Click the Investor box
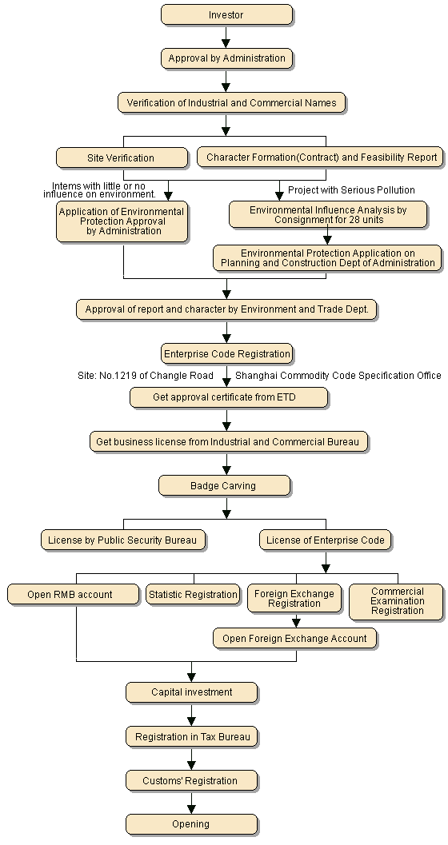pos(226,14)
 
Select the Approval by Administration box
pos(226,58)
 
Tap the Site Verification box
pos(122,158)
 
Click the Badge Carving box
pos(224,485)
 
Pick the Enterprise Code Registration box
pos(227,353)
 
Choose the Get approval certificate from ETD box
pos(229,397)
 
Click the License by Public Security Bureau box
pos(123,540)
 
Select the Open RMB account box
pos(74,595)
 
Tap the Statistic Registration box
pos(193,595)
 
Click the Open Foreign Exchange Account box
pos(295,638)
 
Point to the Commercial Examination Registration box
pos(396,601)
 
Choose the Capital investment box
pos(192,692)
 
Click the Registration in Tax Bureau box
pos(192,737)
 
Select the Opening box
pos(192,824)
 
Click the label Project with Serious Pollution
pos(351,189)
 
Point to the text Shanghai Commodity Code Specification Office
pos(338,375)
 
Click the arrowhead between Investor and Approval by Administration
pos(226,43)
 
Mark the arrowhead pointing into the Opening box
pos(191,809)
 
